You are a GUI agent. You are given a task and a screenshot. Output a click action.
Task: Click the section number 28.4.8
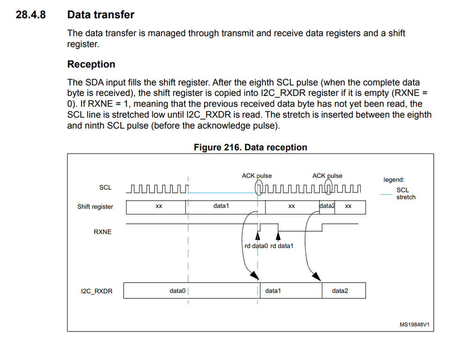coord(30,15)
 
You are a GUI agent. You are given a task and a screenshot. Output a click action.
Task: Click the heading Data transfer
coord(101,15)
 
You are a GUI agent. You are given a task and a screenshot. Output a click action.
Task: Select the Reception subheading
coord(91,64)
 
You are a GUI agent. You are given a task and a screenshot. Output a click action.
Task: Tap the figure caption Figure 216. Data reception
coord(250,147)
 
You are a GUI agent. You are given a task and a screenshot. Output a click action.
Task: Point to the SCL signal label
coord(105,187)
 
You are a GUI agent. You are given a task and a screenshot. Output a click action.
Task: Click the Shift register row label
coord(95,206)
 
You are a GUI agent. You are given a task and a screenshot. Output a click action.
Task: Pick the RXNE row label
coord(103,231)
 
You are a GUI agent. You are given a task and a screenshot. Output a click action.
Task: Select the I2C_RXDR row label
coord(97,291)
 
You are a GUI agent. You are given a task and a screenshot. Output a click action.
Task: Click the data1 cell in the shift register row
coord(221,206)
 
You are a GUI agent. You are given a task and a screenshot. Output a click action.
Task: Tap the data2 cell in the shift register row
coord(327,206)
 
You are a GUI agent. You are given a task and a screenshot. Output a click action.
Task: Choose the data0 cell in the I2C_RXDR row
coord(178,291)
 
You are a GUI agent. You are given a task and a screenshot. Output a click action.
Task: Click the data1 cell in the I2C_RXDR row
coord(273,291)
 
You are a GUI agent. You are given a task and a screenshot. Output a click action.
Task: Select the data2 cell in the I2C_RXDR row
coord(340,291)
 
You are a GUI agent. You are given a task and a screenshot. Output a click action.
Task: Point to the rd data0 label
coord(256,246)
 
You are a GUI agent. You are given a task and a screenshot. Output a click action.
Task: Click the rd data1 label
coord(282,246)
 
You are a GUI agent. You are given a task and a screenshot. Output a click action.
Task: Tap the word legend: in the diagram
coord(394,179)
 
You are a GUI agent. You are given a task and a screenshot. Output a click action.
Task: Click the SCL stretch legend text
coord(404,194)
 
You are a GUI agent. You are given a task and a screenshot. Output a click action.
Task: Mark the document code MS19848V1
coord(414,324)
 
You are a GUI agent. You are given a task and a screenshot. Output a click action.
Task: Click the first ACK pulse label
coord(257,176)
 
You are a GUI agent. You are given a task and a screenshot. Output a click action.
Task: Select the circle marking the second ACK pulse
coord(329,188)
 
